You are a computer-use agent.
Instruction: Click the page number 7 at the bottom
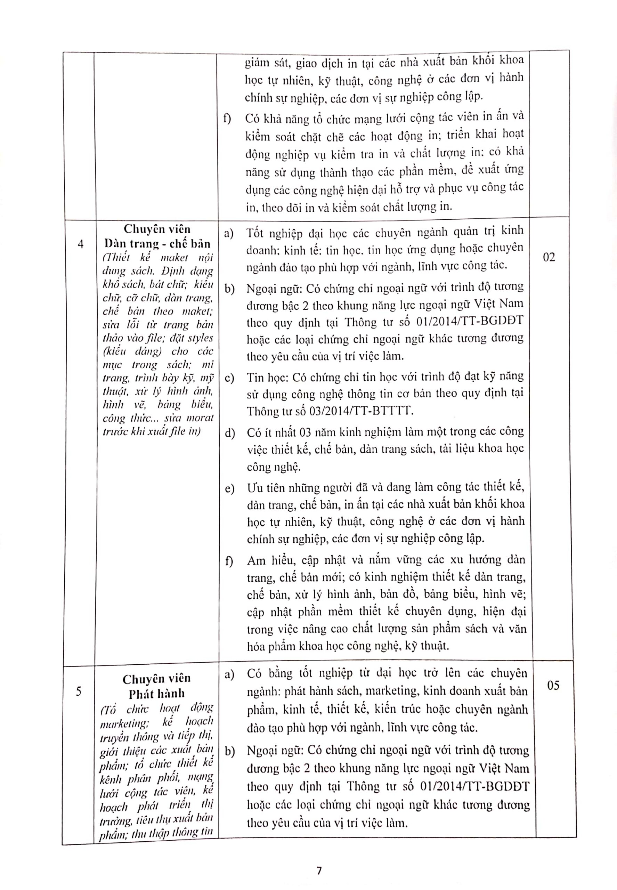tap(319, 871)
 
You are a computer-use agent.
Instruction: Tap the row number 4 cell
tap(80, 245)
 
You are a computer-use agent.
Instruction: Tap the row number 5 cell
tap(79, 691)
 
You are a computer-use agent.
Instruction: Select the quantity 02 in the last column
tap(549, 258)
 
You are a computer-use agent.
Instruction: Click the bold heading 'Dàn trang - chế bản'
tap(157, 244)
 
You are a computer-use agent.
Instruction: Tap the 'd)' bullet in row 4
tap(230, 434)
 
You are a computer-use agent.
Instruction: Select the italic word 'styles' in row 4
tap(200, 338)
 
